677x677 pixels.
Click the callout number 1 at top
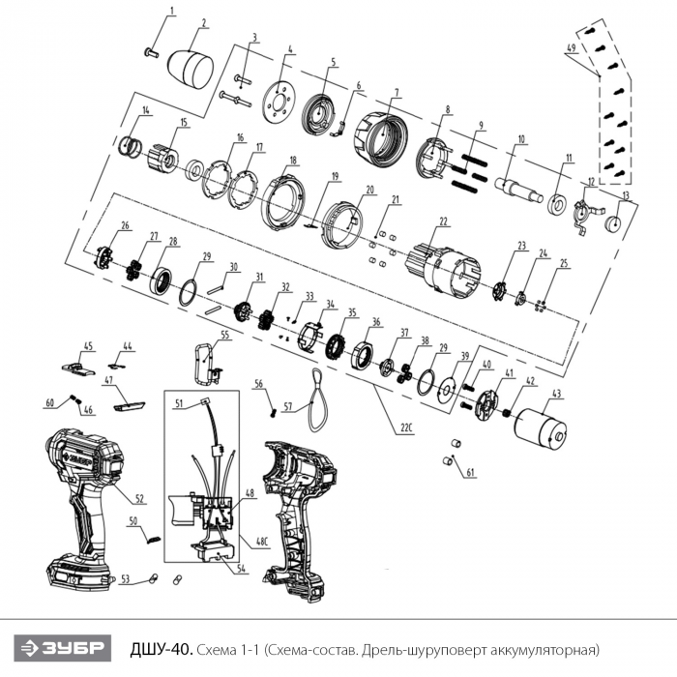[x=173, y=11]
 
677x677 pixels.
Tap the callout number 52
[x=139, y=499]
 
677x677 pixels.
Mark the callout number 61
[x=471, y=473]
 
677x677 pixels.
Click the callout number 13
[x=626, y=195]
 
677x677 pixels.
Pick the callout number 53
[x=124, y=579]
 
